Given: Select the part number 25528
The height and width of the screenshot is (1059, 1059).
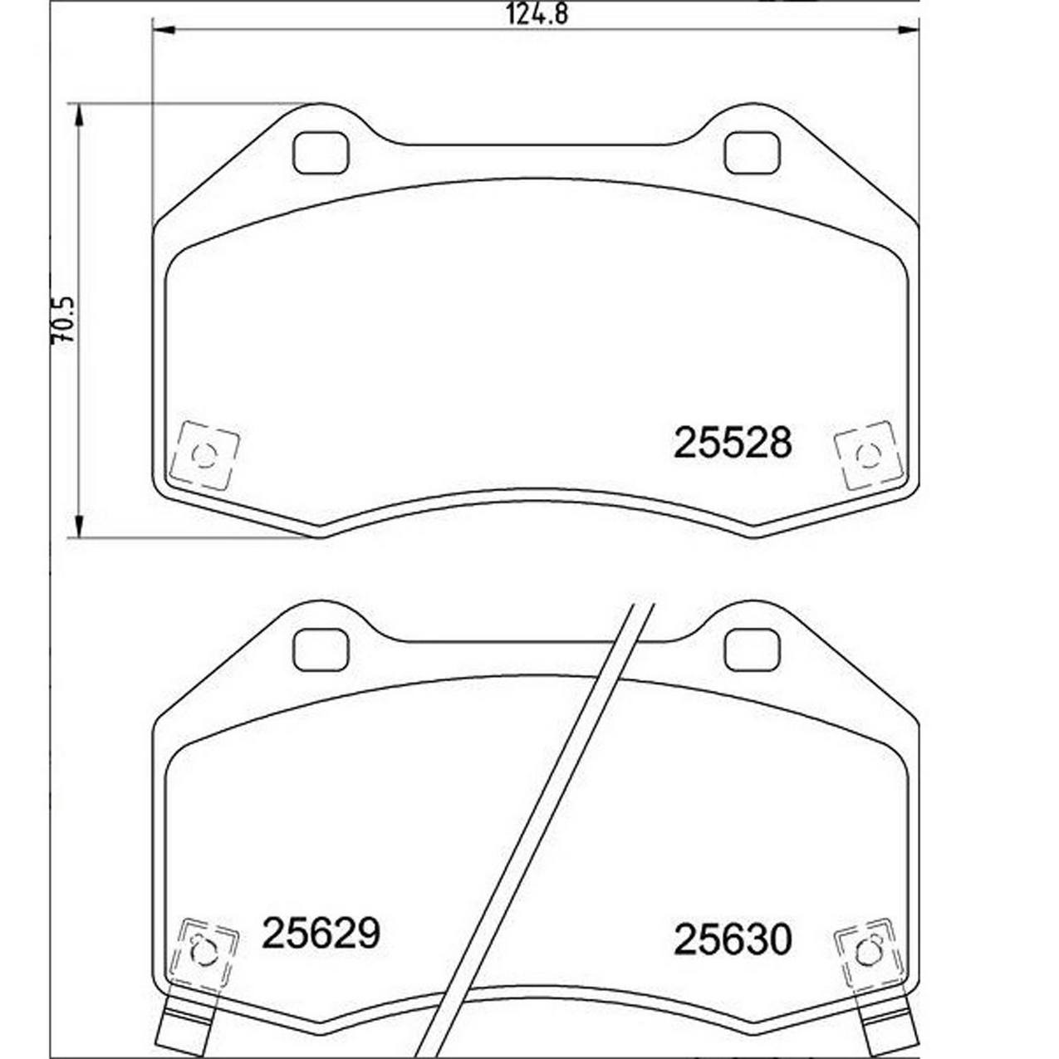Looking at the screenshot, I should (x=732, y=443).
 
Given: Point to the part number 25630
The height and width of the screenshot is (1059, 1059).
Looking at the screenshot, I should (x=732, y=939).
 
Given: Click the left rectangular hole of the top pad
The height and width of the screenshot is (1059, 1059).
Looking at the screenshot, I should (x=321, y=154).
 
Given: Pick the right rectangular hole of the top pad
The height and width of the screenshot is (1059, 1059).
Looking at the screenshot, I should (x=752, y=154).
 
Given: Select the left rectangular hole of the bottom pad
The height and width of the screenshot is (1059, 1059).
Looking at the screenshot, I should (x=321, y=650).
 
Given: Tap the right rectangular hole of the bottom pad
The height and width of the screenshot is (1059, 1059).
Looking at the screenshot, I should (x=752, y=650).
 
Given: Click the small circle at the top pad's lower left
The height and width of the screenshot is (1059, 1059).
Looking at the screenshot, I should (x=203, y=455).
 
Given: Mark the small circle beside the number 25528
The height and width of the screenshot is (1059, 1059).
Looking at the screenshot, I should (x=868, y=455).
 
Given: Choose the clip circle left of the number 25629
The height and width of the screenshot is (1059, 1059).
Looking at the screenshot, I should (x=203, y=952).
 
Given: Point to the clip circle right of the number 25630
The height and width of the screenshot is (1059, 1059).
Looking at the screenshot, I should (x=868, y=952).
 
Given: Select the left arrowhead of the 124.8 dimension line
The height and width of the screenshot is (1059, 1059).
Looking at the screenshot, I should (x=163, y=31).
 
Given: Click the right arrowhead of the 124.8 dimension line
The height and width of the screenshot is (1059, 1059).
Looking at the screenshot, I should (x=909, y=31).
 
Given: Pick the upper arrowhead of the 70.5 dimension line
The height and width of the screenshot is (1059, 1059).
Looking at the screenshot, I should (x=78, y=115).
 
